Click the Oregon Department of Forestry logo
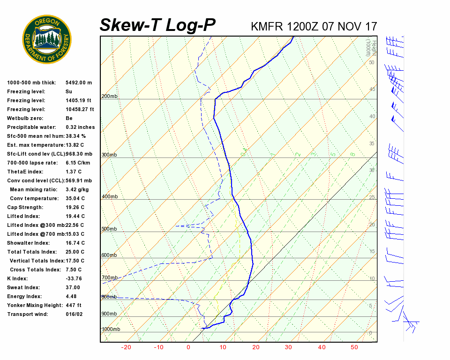[47, 39]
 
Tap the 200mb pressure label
[109, 97]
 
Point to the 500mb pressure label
[109, 229]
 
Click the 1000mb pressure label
[111, 330]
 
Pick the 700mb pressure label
[109, 278]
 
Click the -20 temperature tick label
[126, 347]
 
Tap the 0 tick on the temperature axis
[188, 347]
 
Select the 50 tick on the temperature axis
[354, 347]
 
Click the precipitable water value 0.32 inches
[80, 127]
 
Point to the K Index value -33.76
[75, 278]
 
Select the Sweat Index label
[23, 287]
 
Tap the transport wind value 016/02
[74, 314]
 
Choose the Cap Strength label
[25, 207]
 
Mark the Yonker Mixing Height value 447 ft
[74, 305]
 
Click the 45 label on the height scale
[372, 90]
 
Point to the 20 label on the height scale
[372, 225]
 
